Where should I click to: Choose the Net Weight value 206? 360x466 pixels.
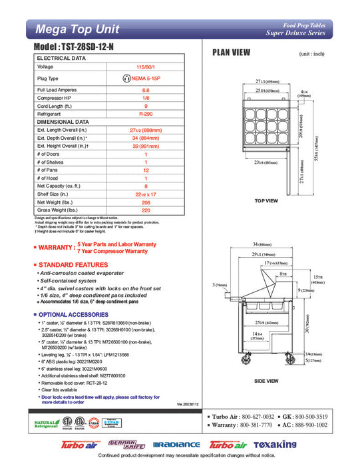point(146,202)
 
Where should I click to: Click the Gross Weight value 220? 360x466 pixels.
point(146,210)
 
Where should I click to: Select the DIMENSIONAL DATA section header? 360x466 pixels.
point(63,122)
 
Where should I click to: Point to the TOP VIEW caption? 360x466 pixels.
point(266,200)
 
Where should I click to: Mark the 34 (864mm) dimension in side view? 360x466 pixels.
point(269,244)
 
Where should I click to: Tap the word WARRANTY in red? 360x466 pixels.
point(56,248)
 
